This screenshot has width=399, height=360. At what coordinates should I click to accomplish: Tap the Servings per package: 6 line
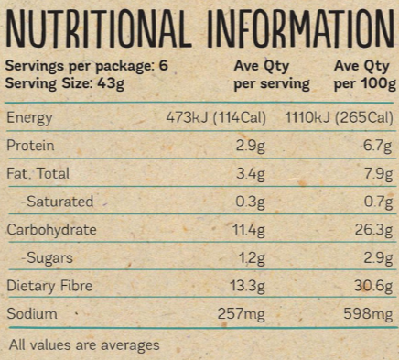(x=81, y=66)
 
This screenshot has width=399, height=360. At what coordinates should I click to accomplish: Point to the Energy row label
(x=30, y=118)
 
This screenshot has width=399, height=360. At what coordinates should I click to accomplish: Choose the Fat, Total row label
(x=38, y=174)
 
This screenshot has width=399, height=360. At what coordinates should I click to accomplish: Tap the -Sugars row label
(x=46, y=258)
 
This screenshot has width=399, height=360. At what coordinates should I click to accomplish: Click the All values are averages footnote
(x=83, y=345)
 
